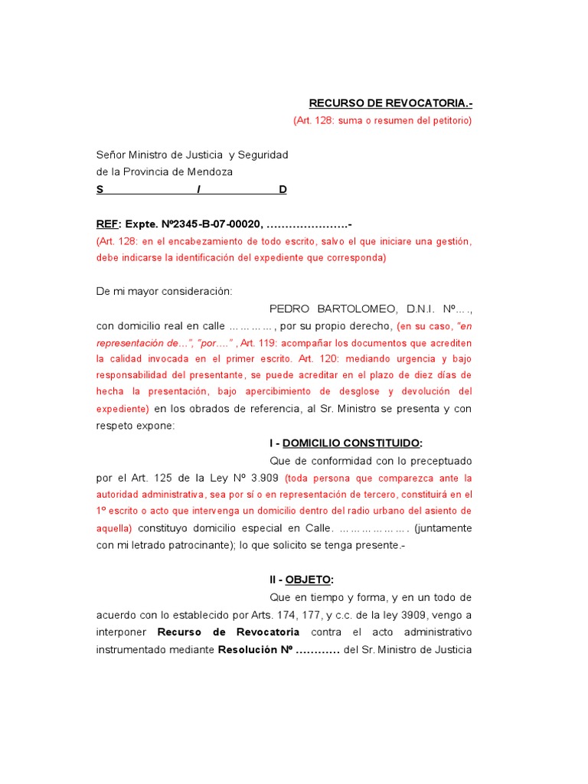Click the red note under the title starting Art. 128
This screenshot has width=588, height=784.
point(382,121)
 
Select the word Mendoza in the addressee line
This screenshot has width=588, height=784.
point(207,172)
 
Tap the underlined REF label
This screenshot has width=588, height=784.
point(106,224)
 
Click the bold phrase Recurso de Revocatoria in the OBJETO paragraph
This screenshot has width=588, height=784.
point(228,632)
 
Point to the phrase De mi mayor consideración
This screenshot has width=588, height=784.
point(164,291)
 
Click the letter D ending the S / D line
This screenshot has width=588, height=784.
point(283,190)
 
